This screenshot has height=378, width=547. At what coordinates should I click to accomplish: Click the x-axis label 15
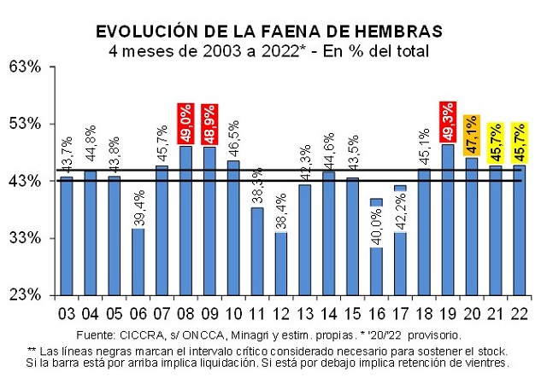(x=352, y=310)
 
